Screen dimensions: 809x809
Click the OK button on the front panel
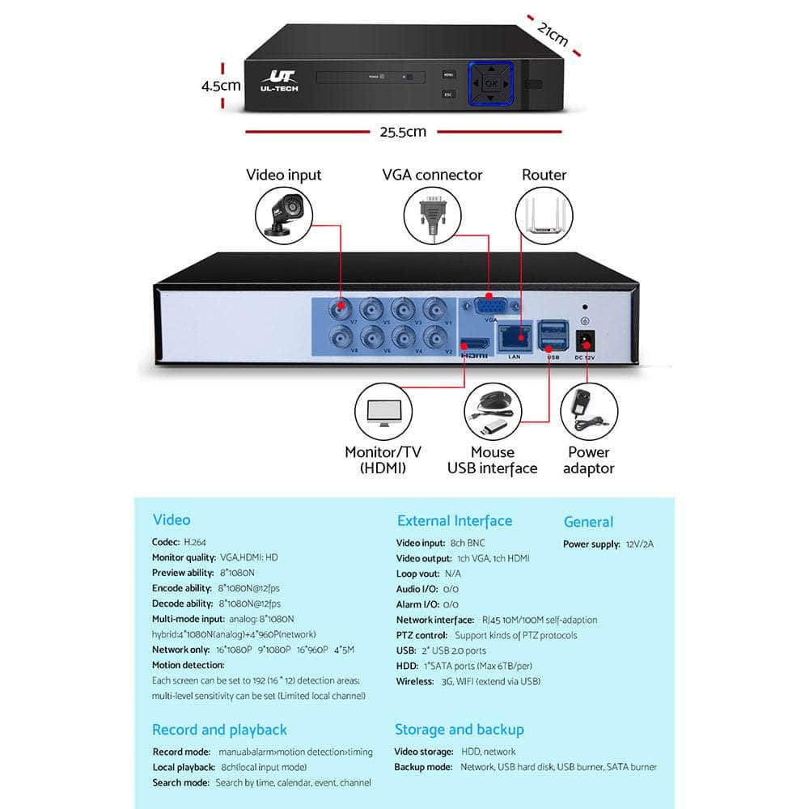pyautogui.click(x=491, y=83)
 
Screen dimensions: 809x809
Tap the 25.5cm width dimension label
pyautogui.click(x=403, y=132)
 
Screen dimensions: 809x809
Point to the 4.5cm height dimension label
pyautogui.click(x=221, y=85)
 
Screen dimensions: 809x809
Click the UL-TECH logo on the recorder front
pyautogui.click(x=280, y=80)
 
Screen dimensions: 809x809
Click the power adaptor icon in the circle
pyautogui.click(x=588, y=412)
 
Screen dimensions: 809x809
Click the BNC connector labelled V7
pyautogui.click(x=341, y=307)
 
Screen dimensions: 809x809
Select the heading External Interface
pyautogui.click(x=454, y=521)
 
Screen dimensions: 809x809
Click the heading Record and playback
pyautogui.click(x=219, y=730)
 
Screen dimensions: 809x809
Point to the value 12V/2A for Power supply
pyautogui.click(x=638, y=544)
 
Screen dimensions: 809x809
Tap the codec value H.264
pyautogui.click(x=195, y=542)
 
